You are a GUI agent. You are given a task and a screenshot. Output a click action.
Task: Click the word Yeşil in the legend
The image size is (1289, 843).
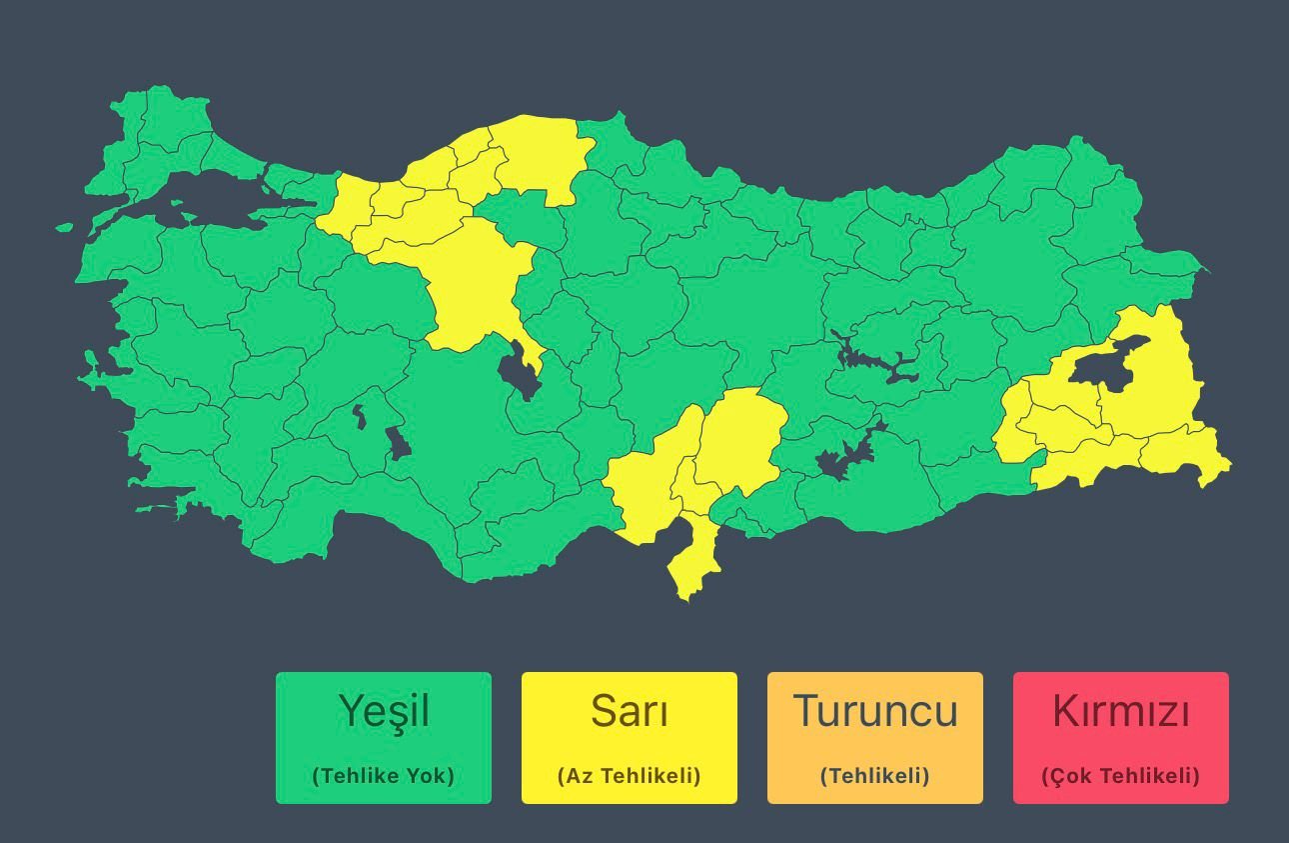click(384, 711)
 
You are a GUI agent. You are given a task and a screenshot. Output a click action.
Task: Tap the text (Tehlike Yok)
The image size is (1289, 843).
click(384, 776)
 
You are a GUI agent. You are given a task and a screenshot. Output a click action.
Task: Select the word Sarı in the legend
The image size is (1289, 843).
click(630, 711)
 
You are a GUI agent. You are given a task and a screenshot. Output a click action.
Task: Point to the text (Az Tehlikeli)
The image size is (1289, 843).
click(630, 776)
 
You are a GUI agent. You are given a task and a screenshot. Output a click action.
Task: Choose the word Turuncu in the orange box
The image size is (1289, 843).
click(875, 711)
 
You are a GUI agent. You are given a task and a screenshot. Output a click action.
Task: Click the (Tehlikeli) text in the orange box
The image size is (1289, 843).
click(875, 776)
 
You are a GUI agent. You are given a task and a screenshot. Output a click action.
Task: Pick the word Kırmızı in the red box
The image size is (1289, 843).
click(1121, 711)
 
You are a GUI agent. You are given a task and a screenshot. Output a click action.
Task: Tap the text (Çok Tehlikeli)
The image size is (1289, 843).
click(1121, 776)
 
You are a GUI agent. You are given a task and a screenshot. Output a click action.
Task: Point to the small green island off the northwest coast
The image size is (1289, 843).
click(64, 227)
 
